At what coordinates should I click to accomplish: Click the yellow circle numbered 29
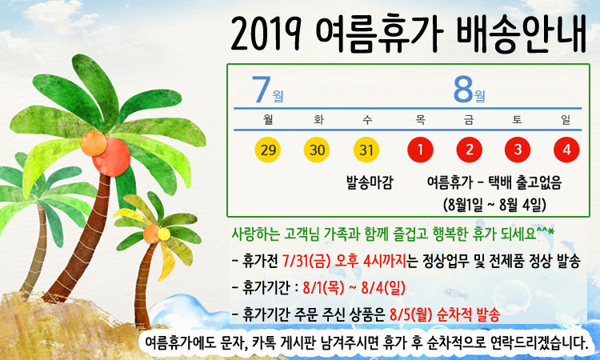pos(267,150)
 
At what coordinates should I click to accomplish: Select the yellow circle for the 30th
pos(317,150)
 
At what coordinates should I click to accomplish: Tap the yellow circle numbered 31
pos(366,150)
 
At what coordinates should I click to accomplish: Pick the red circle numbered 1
pos(420,150)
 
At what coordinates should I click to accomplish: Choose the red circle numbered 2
pos(469,150)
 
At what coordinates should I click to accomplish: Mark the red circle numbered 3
pos(518,150)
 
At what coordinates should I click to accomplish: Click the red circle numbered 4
pos(566,150)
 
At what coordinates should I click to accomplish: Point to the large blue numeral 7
pos(261,90)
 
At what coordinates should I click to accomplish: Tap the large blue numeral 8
pos(463,90)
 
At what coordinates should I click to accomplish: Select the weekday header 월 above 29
pos(268,119)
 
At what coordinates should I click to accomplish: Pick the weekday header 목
pos(420,119)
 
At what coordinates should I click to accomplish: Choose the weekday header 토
pos(518,119)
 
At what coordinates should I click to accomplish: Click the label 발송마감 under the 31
pos(370,182)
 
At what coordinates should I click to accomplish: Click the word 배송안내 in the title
pos(521,34)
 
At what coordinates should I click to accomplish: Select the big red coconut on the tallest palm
pos(111,157)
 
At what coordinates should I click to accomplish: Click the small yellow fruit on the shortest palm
pos(164,234)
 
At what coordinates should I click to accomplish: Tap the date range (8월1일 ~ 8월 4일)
pos(494,205)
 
